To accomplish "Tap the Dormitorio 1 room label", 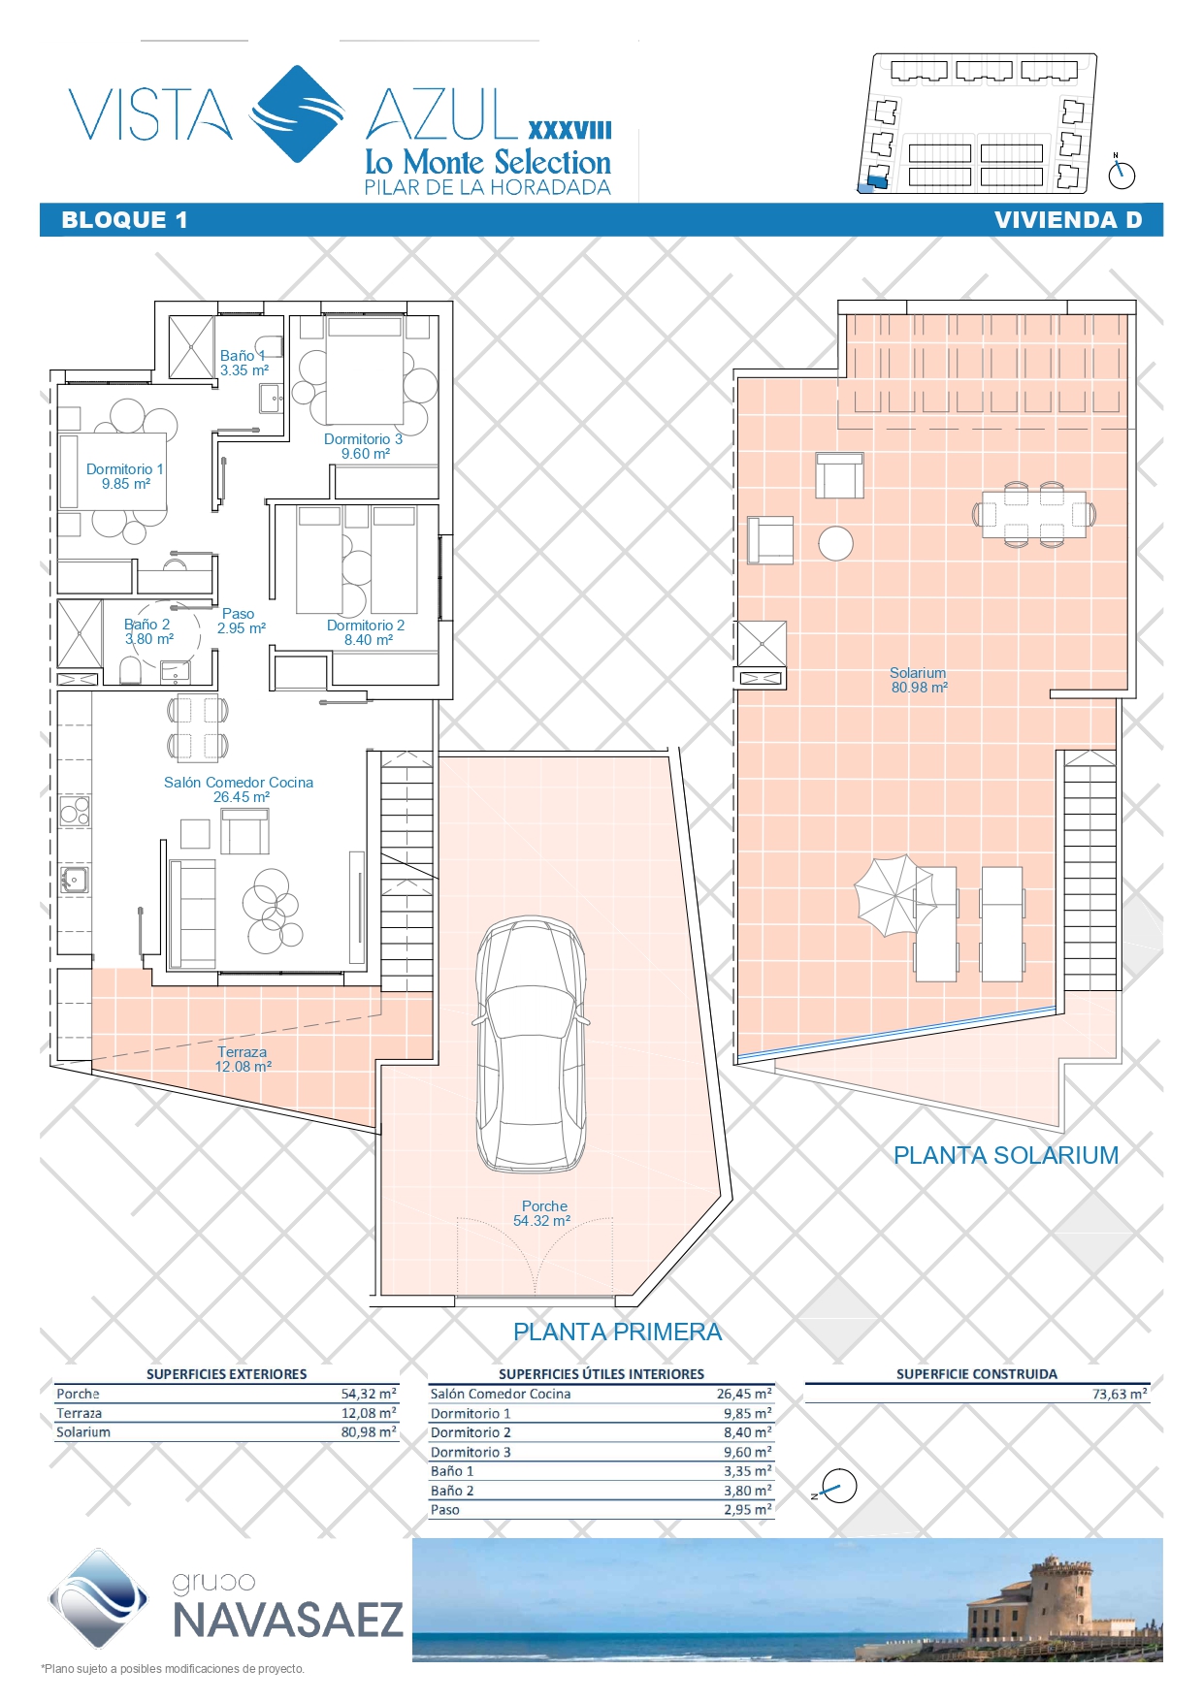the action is [x=125, y=476].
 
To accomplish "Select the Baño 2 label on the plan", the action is [x=148, y=631].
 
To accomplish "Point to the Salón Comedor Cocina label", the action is [x=239, y=789].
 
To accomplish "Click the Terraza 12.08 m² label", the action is [x=243, y=1059].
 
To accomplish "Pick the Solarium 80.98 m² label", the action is [x=919, y=680].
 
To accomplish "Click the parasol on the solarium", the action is [x=895, y=895].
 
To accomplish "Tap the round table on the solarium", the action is [x=836, y=543].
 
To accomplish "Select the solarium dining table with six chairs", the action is [x=1034, y=514].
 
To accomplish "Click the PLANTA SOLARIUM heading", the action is [x=1006, y=1155].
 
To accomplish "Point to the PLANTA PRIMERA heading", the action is [x=618, y=1332].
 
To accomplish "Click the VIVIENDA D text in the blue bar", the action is [x=1068, y=220].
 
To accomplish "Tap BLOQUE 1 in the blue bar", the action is [x=124, y=220].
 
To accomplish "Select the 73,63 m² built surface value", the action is [x=1120, y=1394].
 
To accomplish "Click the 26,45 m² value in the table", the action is [x=744, y=1394].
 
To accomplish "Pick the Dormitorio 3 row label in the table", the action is [x=471, y=1452].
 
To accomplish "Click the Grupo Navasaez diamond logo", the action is [x=98, y=1598].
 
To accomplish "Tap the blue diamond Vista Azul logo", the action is [x=298, y=113].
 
